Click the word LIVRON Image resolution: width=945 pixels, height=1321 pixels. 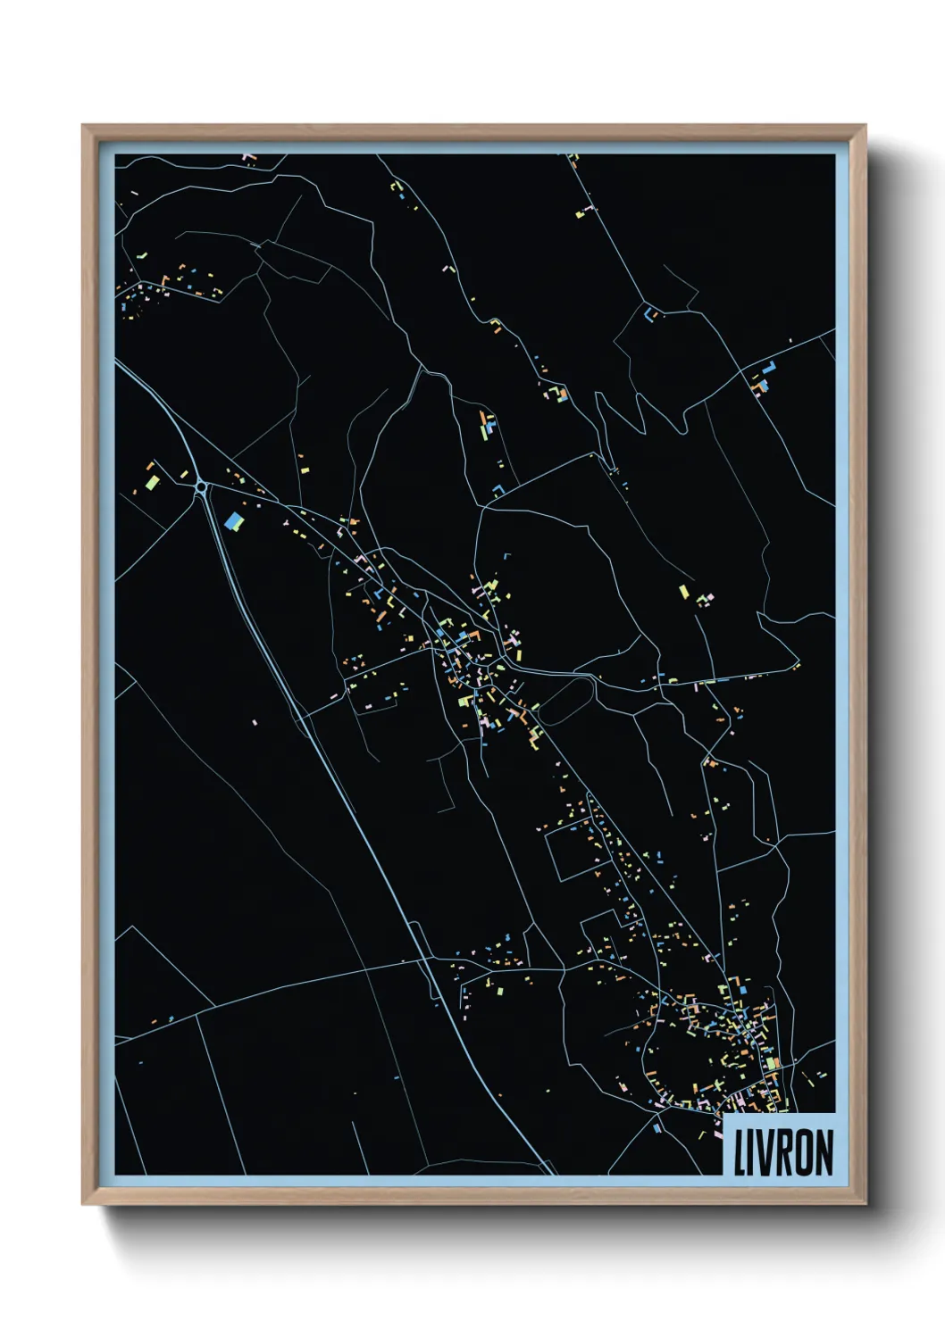(783, 1152)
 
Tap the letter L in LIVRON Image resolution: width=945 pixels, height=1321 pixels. (740, 1152)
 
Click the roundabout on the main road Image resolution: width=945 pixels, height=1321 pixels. (202, 487)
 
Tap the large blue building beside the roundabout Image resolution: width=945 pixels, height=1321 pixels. (235, 519)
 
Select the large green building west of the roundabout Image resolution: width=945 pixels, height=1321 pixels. (153, 483)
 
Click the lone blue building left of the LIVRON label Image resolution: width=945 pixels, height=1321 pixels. (658, 1128)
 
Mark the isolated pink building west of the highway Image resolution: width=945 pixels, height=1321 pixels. (255, 721)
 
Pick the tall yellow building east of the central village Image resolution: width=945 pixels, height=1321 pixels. (683, 592)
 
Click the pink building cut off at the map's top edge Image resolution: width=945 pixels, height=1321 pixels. (247, 157)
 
